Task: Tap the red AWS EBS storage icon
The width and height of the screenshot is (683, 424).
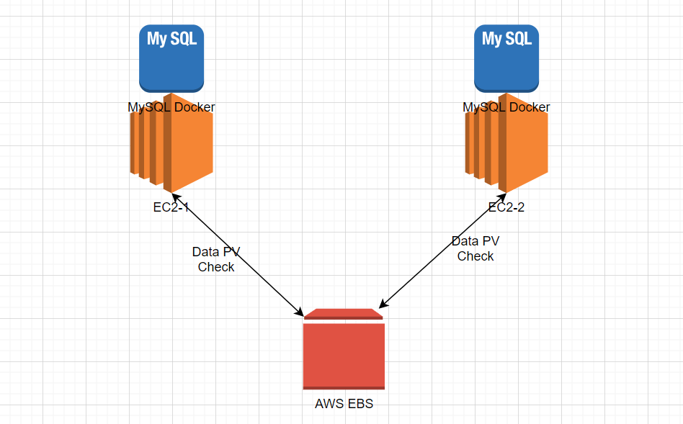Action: [x=344, y=356]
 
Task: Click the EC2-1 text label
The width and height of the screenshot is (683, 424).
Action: [x=171, y=208]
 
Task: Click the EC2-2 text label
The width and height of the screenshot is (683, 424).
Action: [x=506, y=208]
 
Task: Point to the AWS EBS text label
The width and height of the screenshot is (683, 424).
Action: [x=344, y=404]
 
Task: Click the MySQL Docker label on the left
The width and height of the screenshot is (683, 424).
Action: [x=171, y=107]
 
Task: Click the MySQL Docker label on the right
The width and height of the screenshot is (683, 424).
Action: [x=506, y=107]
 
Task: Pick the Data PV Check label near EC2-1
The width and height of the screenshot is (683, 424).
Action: [x=216, y=259]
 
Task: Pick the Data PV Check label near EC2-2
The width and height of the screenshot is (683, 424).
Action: [x=476, y=248]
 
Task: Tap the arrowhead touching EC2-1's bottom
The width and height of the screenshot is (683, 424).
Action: [x=175, y=196]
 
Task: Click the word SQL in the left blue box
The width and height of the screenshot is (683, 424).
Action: [x=182, y=38]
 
